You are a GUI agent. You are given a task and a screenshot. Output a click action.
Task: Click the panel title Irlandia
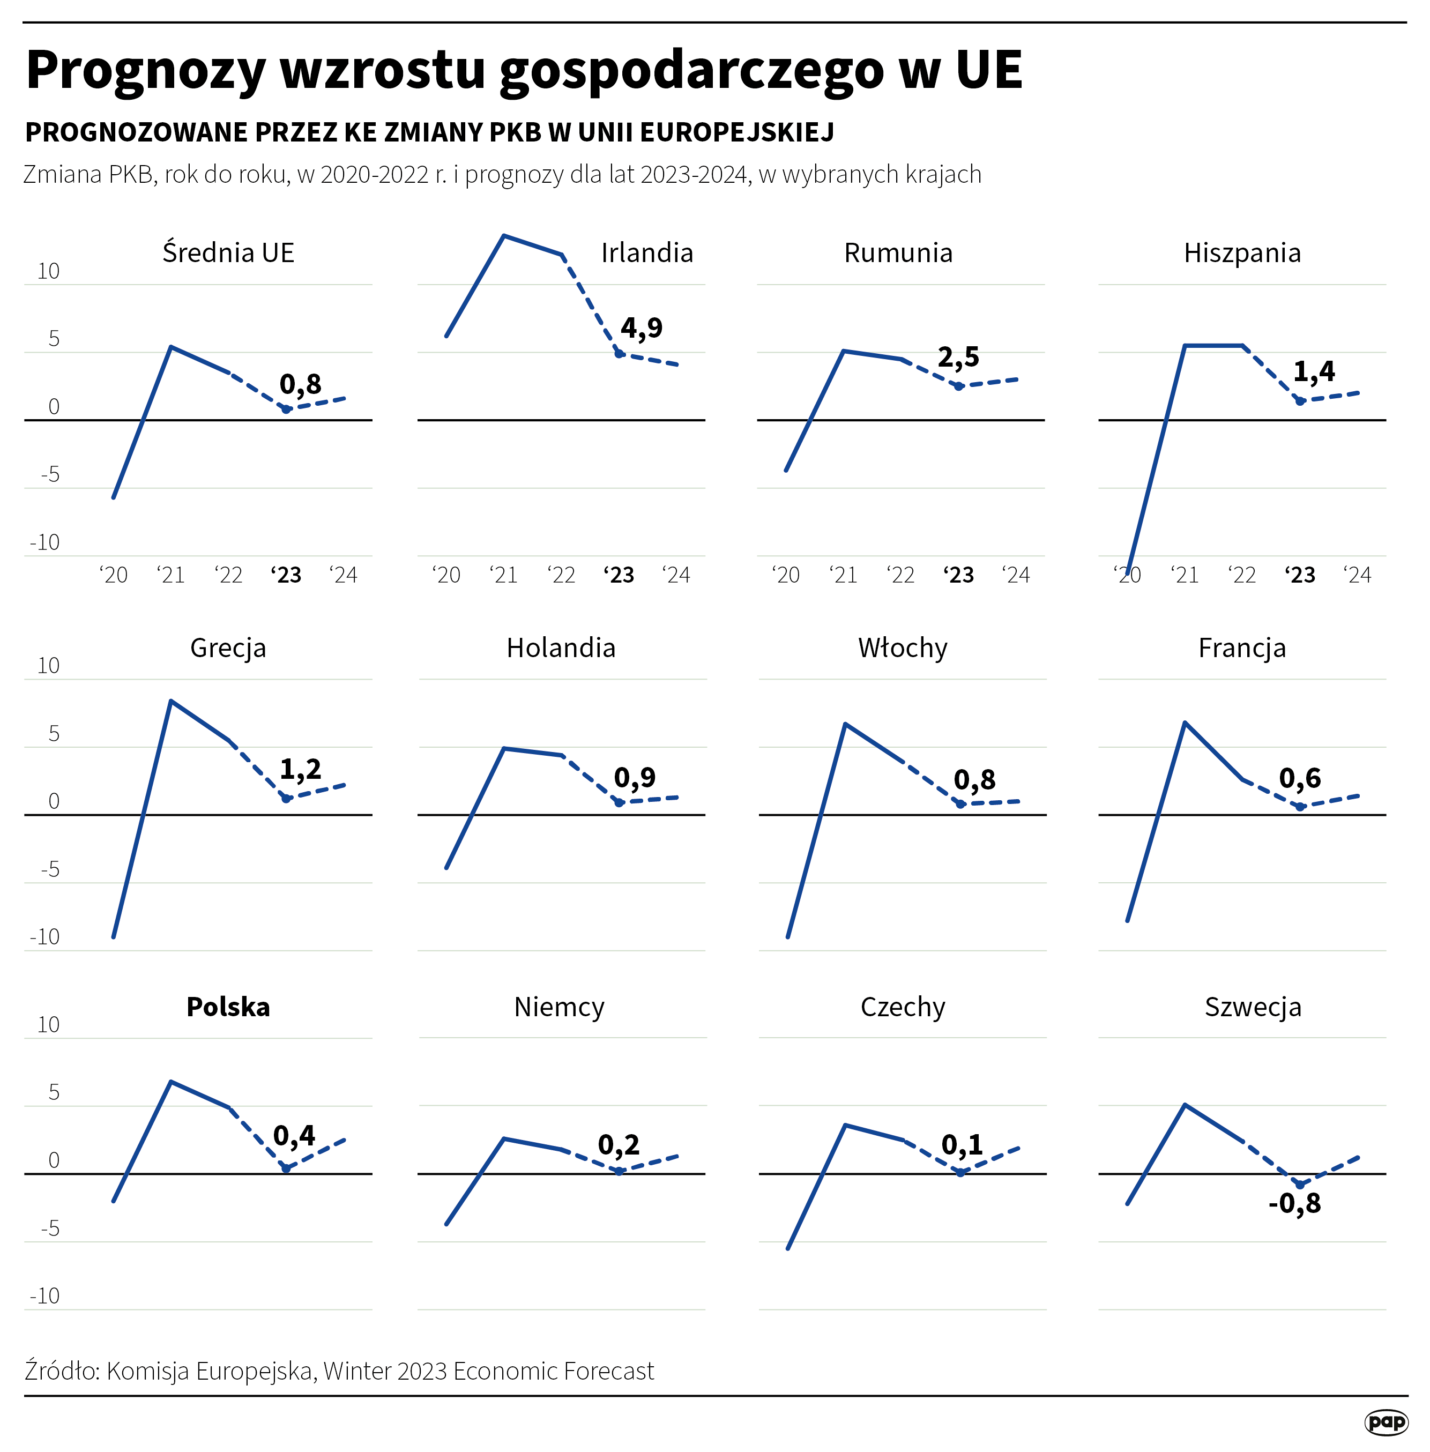[646, 253]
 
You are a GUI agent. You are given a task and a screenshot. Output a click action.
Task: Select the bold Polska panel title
[228, 1007]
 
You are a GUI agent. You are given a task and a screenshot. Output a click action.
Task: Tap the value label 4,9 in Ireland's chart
[642, 327]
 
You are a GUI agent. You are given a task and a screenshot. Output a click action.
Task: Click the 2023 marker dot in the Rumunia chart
[958, 386]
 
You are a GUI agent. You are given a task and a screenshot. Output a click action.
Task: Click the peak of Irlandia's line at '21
[504, 236]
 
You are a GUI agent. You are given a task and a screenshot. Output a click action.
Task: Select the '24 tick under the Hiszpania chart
[1357, 576]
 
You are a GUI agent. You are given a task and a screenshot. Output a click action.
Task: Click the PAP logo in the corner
[1386, 1421]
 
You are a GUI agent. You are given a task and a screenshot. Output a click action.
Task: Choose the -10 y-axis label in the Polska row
[45, 1295]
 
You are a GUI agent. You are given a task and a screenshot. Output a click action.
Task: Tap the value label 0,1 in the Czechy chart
[962, 1145]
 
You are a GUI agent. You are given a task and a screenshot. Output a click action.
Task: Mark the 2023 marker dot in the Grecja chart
[286, 799]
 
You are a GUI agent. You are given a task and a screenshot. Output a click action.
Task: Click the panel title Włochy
[903, 647]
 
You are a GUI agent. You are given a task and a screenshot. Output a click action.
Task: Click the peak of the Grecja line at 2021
[171, 701]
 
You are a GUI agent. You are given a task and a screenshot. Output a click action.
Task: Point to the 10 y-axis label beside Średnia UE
[49, 271]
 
